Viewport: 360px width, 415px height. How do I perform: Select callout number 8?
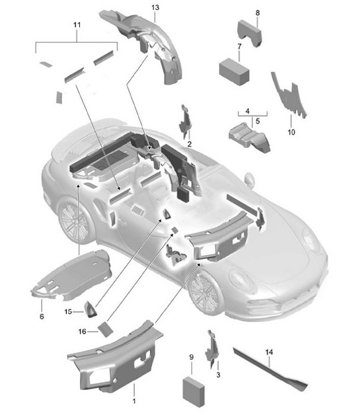point(257,13)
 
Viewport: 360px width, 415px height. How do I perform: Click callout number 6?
point(42,317)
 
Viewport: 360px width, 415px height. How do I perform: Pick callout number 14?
point(269,352)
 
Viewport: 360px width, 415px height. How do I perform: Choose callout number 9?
point(191,358)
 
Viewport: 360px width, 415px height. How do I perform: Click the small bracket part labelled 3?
point(213,347)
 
